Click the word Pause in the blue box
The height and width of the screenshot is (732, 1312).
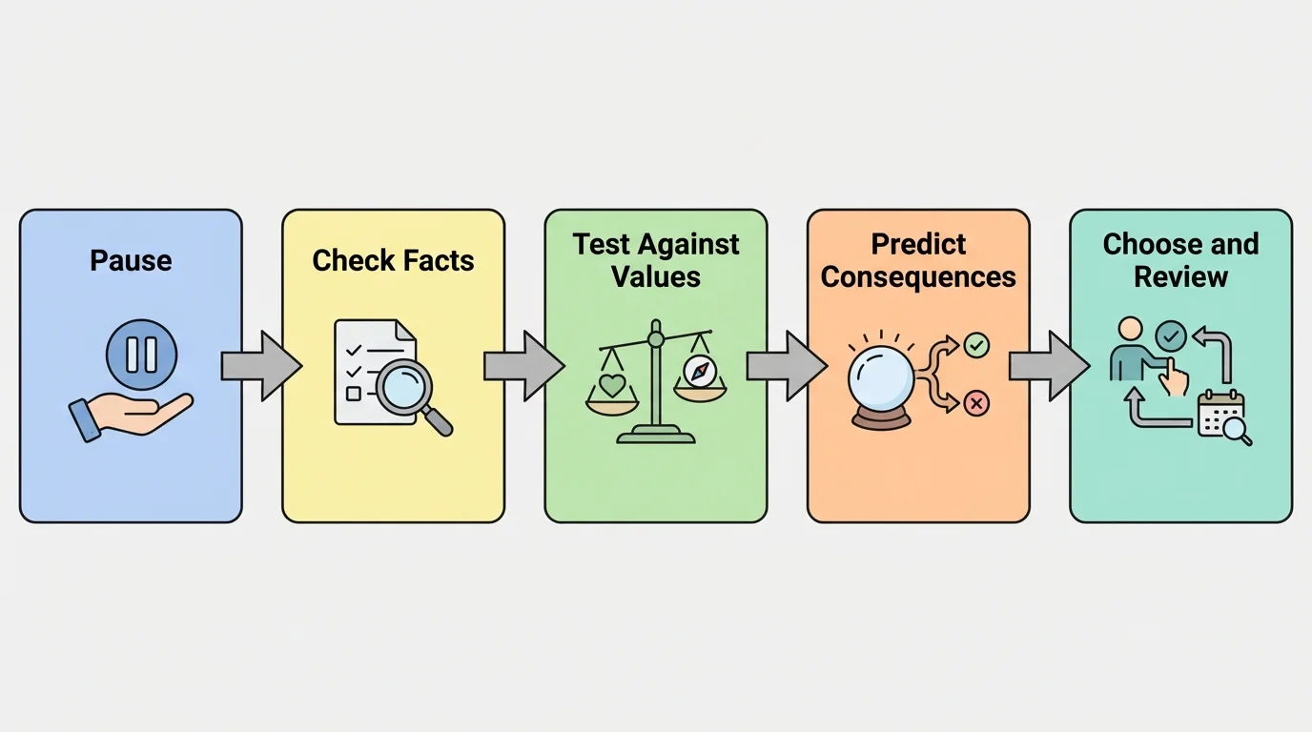[x=131, y=260]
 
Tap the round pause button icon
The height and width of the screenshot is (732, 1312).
[x=141, y=353]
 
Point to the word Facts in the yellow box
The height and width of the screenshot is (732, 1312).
[x=436, y=260]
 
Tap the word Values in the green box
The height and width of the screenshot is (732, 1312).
[x=656, y=277]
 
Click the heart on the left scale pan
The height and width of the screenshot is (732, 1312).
[x=611, y=385]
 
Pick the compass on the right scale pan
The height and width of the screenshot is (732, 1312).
[x=699, y=371]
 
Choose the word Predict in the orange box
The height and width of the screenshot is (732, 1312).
[x=918, y=244]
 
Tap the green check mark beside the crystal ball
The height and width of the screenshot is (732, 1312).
[x=976, y=345]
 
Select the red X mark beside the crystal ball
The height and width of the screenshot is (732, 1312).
[x=976, y=404]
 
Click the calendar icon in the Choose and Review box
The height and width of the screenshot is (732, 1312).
[x=1221, y=414]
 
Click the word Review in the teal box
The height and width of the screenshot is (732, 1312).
[x=1180, y=277]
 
